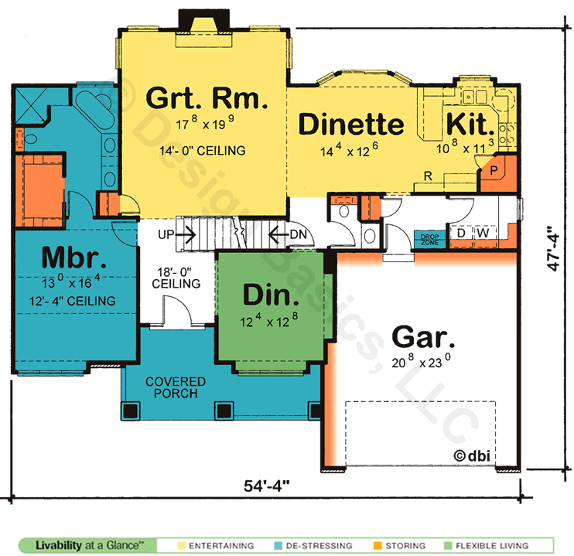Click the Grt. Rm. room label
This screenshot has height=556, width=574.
point(207,98)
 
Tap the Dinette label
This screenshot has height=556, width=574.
point(351,124)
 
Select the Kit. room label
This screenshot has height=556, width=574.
point(470,124)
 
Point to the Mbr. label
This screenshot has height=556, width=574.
point(74,258)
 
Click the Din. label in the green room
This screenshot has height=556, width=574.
point(271,295)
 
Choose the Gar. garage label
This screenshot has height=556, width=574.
point(423,336)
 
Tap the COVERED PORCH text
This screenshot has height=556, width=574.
point(176,387)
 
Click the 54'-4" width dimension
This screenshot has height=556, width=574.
point(266,486)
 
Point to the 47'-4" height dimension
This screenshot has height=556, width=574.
point(553,249)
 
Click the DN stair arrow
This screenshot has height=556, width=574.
point(278,234)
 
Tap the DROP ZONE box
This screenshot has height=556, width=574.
point(430,240)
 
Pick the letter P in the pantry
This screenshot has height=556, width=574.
point(494,170)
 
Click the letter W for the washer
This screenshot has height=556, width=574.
point(483,233)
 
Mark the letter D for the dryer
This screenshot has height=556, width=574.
point(461,233)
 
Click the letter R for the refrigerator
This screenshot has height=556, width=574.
point(428,176)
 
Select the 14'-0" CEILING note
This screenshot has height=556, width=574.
point(203,151)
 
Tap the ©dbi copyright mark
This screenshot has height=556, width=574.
point(472,455)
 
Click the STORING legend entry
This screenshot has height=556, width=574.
point(399,546)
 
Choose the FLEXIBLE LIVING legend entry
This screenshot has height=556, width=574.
point(486,546)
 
